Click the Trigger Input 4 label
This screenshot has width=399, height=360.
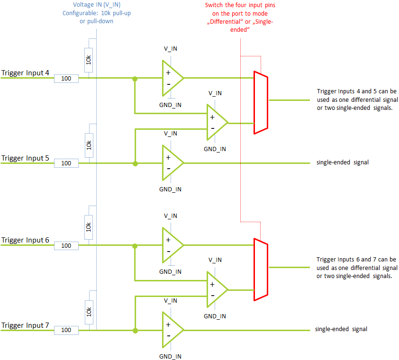[x=25, y=73]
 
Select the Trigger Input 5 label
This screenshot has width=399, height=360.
[x=25, y=158]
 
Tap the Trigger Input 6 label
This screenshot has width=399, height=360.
[x=25, y=240]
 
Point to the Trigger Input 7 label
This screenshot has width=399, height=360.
[x=25, y=325]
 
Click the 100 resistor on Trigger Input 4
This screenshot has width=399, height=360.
[x=66, y=79]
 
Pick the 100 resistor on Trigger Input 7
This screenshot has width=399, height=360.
[x=66, y=330]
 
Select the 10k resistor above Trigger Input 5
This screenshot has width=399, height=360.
[x=89, y=145]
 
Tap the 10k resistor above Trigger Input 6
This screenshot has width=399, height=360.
[x=89, y=227]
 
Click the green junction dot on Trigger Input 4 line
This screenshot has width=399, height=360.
[x=135, y=79]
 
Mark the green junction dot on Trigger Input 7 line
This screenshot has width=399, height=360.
[x=135, y=331]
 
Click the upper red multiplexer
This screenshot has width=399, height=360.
[x=261, y=102]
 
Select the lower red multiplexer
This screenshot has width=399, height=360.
[x=261, y=270]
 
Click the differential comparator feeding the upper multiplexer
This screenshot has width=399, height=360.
[x=217, y=122]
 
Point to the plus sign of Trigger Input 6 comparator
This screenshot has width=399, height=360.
[x=168, y=240]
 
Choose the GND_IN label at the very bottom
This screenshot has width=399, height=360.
[x=170, y=356]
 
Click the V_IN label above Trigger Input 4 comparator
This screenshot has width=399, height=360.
[x=171, y=49]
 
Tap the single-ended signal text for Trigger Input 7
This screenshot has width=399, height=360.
[x=341, y=329]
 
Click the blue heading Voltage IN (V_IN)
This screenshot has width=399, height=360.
[x=97, y=5]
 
